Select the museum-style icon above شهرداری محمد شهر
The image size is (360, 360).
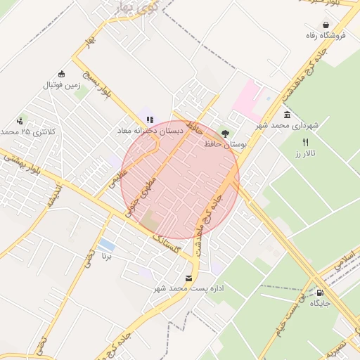point(287,115)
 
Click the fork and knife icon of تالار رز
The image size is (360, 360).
point(305,142)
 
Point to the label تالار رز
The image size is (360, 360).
point(307,153)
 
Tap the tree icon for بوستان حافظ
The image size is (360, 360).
point(225,132)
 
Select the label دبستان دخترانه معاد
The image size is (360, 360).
point(150,131)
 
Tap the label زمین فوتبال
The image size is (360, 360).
point(63,85)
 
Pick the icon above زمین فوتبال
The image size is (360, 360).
point(62,75)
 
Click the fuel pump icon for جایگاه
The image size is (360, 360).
point(321,293)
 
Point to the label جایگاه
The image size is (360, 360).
point(321,304)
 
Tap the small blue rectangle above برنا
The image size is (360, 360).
point(107,245)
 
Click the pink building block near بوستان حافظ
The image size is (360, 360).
point(247,98)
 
